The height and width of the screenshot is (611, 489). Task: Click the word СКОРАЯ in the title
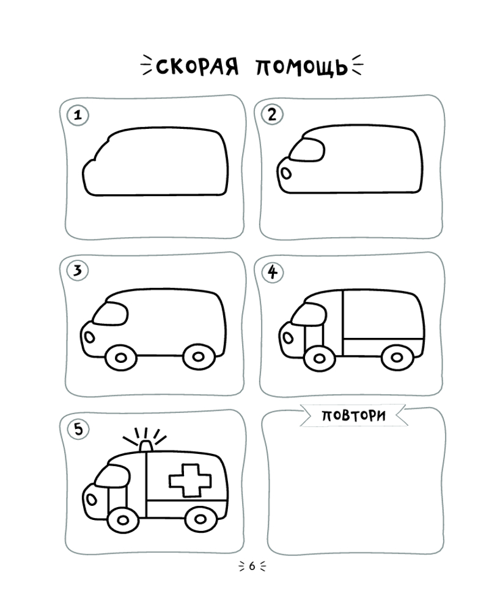197,67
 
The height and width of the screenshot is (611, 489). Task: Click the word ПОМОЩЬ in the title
301,67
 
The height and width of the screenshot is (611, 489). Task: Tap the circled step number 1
78,115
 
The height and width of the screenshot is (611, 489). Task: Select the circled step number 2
272,115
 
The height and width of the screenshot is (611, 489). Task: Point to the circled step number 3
78,270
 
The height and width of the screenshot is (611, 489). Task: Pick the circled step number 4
272,272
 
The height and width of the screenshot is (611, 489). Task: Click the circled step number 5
78,429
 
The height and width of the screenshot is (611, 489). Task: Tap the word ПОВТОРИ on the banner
353,415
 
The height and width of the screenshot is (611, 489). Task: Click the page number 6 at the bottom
252,566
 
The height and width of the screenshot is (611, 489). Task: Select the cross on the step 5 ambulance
190,480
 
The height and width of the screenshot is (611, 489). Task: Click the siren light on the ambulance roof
146,447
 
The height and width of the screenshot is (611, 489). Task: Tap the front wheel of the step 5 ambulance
123,520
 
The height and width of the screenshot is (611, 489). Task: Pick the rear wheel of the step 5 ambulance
200,519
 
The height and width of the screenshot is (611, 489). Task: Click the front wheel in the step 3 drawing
121,357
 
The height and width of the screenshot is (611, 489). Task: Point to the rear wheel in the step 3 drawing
199,357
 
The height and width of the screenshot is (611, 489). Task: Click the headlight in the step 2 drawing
286,173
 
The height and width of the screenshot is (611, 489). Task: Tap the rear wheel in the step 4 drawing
397,357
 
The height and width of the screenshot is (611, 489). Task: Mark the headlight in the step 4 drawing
288,337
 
